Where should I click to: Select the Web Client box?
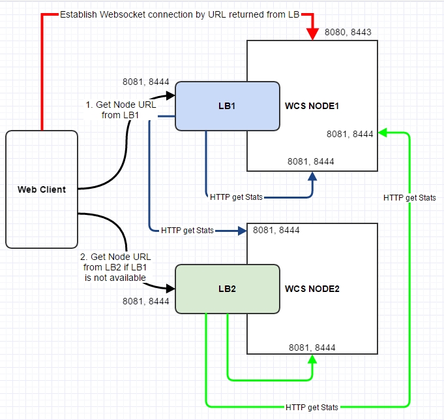[42, 189]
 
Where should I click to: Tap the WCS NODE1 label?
[312, 106]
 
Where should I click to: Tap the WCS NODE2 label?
[312, 288]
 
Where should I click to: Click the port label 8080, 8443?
[348, 31]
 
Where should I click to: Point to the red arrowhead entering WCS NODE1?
[313, 35]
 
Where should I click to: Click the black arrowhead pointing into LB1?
[171, 96]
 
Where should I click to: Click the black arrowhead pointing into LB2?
[171, 288]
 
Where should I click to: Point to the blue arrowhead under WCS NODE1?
[313, 177]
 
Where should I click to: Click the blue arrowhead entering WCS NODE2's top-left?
[242, 230]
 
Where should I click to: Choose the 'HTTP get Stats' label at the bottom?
[312, 407]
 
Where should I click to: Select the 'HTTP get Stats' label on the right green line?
[409, 198]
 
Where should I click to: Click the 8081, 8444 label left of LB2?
[145, 301]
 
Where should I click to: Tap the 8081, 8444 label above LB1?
[145, 82]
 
